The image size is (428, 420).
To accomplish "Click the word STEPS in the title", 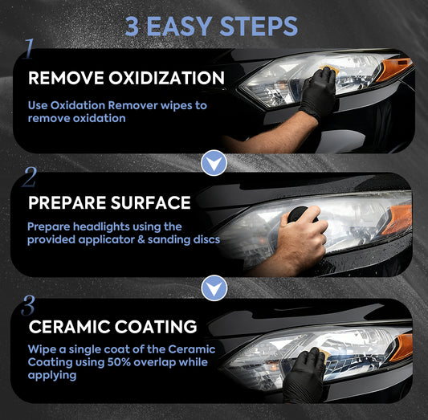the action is (259, 27).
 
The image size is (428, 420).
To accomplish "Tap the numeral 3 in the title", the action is (132, 27).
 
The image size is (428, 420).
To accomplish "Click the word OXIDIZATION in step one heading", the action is (166, 78).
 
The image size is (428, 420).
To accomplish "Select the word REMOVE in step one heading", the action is (66, 78).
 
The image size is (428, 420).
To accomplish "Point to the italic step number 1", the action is (29, 48).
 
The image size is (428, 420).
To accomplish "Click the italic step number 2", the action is (29, 177).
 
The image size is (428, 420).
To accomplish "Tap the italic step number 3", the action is (28, 305).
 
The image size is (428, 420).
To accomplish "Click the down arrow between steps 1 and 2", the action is (214, 163).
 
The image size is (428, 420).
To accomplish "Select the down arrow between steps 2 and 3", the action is (214, 288).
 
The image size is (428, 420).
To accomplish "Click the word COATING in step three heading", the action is (156, 326).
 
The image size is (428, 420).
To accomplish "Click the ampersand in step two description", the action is (141, 239).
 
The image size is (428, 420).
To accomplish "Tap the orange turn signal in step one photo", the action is (393, 69).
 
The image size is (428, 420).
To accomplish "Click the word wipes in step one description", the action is (177, 106).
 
